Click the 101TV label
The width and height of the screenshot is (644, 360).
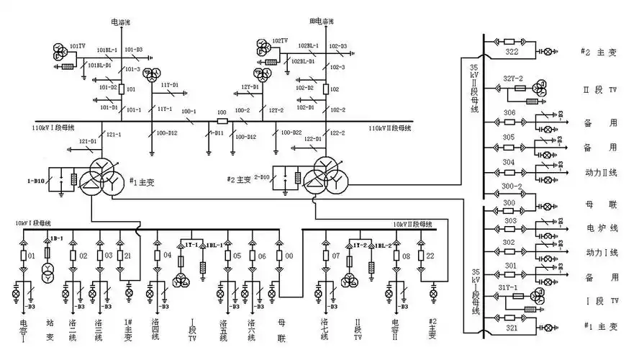[x=77, y=45]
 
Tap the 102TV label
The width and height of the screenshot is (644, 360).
[x=280, y=40]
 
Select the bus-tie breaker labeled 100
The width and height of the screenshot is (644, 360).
[x=222, y=112]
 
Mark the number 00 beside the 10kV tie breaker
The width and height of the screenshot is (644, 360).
[x=289, y=256]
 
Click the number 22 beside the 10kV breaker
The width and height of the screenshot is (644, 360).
[x=431, y=256]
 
